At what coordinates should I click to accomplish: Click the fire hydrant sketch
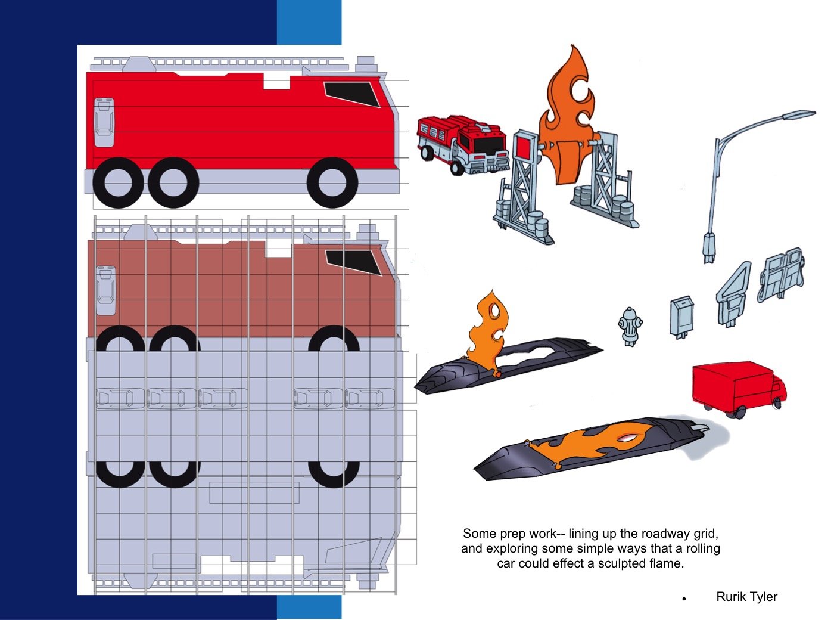(x=630, y=326)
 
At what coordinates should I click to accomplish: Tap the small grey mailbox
(x=682, y=317)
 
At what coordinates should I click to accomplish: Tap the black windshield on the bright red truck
(x=351, y=94)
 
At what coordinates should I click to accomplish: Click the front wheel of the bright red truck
(x=332, y=182)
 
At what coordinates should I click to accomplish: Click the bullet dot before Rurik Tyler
(x=684, y=599)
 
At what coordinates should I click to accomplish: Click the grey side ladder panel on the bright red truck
(x=104, y=122)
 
